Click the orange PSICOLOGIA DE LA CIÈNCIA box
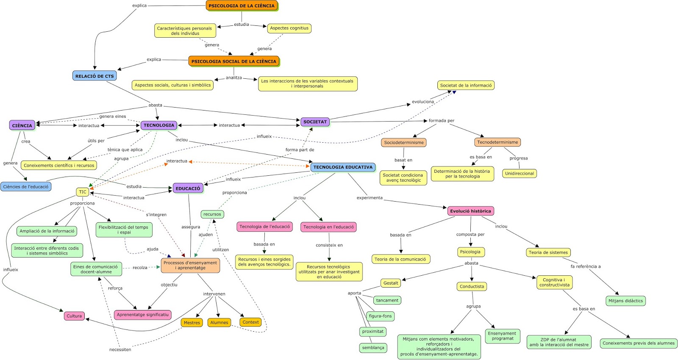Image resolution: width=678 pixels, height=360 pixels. pos(242,6)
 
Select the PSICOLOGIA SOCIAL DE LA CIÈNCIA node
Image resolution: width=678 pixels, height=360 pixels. pos(233,61)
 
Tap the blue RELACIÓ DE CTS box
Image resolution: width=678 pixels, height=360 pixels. pos(94,76)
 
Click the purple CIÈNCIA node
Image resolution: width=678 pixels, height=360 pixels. pos(22,125)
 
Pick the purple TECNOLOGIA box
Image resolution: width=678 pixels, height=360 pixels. pos(158,125)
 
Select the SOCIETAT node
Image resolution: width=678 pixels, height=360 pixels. pos(315,122)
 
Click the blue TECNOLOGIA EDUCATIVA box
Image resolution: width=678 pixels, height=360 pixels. pos(343,167)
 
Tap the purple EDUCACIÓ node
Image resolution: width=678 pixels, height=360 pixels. pos(188,188)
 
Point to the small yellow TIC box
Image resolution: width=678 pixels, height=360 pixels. pos(83,192)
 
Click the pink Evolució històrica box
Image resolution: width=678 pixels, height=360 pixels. pos(470,211)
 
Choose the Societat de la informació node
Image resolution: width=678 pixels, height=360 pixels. pos(466,86)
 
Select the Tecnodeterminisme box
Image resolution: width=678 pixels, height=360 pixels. pos(497,142)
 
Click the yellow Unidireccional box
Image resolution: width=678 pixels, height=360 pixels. pos(519,174)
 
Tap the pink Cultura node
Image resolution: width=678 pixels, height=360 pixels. pos(74,316)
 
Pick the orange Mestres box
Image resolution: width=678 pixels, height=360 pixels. pos(192,323)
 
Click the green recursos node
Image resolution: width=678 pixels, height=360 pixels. pos(212,214)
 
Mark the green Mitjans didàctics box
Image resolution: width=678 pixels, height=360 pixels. pos(625,301)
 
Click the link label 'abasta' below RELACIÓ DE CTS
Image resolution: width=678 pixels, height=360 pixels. pos(155,105)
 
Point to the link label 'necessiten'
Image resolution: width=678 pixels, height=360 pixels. pos(120,350)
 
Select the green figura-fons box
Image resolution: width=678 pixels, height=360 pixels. pos(380,316)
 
